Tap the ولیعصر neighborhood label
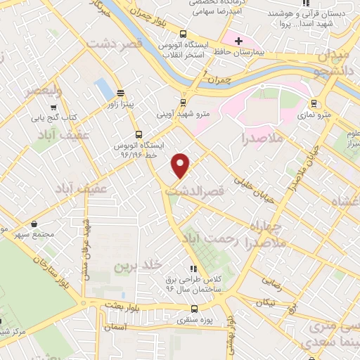coord(44,91)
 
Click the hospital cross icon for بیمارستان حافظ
coord(238,40)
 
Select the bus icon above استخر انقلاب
coord(184,34)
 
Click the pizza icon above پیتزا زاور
coord(121,92)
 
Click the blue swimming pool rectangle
coord(103,89)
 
